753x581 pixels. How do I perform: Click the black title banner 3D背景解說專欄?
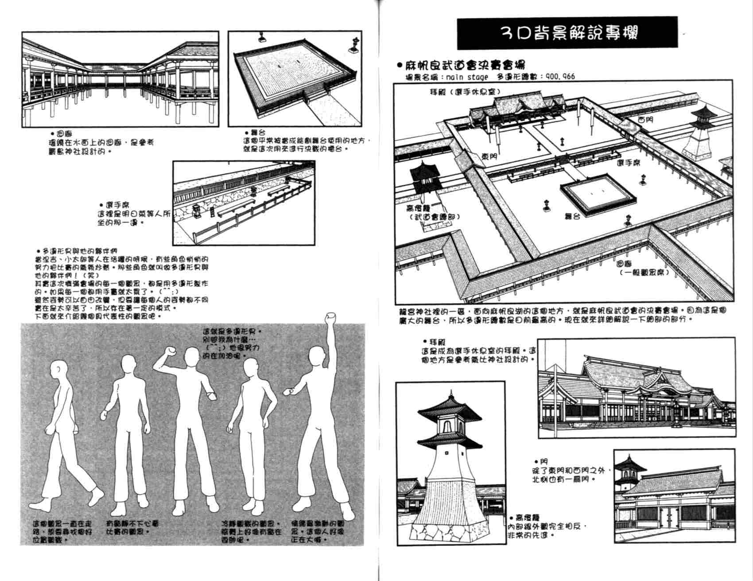tap(567, 33)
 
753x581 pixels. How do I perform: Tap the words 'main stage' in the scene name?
tap(467, 77)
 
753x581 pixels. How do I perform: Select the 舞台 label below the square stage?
tap(572, 216)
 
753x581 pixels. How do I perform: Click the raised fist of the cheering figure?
tap(329, 318)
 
